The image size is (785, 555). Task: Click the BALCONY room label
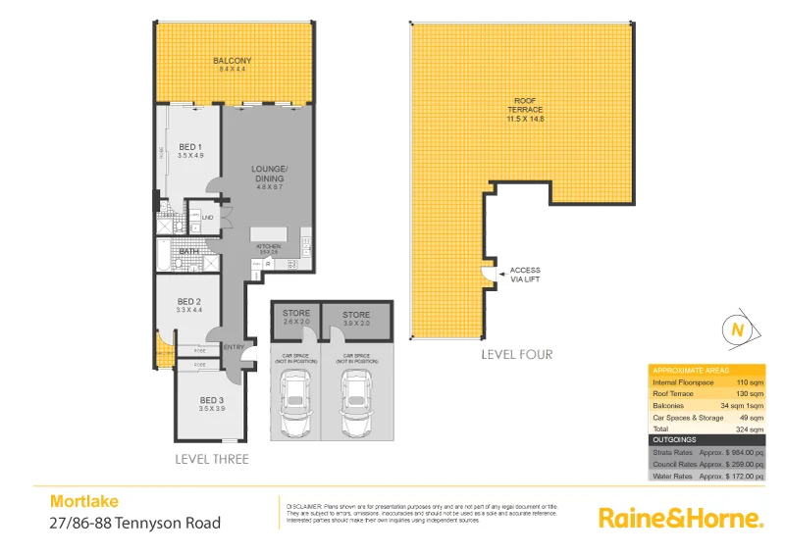(x=232, y=60)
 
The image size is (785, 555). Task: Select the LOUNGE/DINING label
(x=268, y=174)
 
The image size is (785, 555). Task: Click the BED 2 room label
(x=189, y=302)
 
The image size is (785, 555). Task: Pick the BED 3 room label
(x=212, y=400)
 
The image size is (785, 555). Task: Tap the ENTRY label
(x=234, y=347)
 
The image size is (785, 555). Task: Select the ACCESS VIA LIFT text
(x=525, y=275)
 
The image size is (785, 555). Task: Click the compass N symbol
(x=736, y=330)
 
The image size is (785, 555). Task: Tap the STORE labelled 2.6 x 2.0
(x=295, y=314)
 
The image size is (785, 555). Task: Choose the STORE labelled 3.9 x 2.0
(x=356, y=315)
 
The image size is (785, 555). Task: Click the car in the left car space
(x=295, y=406)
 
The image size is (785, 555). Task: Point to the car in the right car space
(x=356, y=406)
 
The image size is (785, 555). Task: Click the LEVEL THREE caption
(x=211, y=459)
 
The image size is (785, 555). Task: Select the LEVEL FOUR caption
(x=516, y=354)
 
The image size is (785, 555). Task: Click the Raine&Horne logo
(x=679, y=517)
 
